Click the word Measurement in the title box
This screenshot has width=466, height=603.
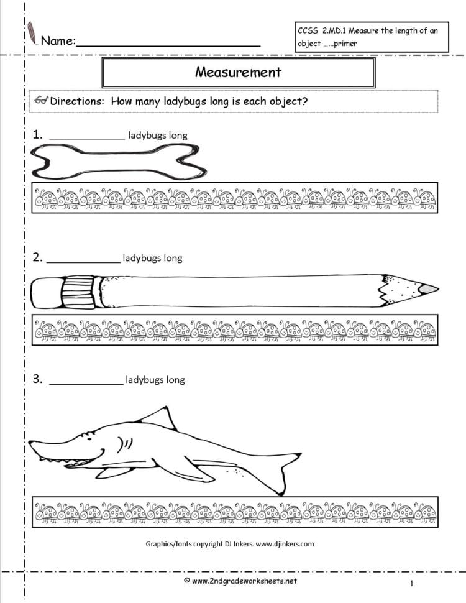click(x=238, y=72)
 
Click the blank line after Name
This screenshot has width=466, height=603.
click(x=168, y=44)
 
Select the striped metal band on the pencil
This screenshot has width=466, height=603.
click(x=78, y=291)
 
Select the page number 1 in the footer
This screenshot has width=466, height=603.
click(x=411, y=583)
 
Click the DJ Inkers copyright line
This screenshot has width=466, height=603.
click(x=229, y=544)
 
